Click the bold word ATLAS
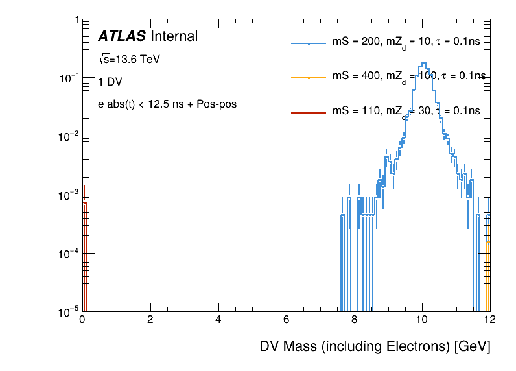pos(121,36)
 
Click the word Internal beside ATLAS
pos(174,36)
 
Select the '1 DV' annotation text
pos(110,82)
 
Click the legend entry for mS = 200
pos(406,42)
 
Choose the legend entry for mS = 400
pos(406,77)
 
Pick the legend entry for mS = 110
pos(406,111)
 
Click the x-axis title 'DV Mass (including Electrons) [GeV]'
pos(375,346)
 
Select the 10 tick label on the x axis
pos(422,320)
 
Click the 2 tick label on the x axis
pos(150,320)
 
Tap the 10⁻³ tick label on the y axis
pos(67,195)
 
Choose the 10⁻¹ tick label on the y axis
pos(67,78)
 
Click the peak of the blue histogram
pos(423,63)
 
